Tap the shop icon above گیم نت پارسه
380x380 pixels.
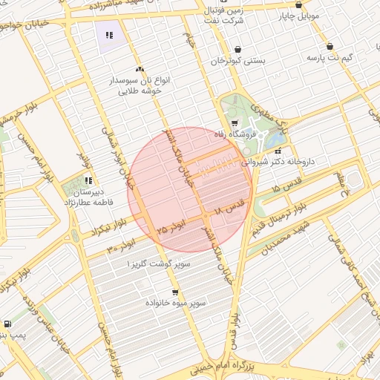(330, 46)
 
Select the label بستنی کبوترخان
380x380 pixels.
(237, 61)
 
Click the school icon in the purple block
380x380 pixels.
(109, 34)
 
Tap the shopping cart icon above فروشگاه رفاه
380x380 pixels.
(235, 123)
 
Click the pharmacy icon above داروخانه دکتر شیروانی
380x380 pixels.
(278, 151)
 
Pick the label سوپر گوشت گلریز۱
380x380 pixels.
(158, 263)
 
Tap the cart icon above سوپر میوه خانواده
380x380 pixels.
(175, 292)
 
